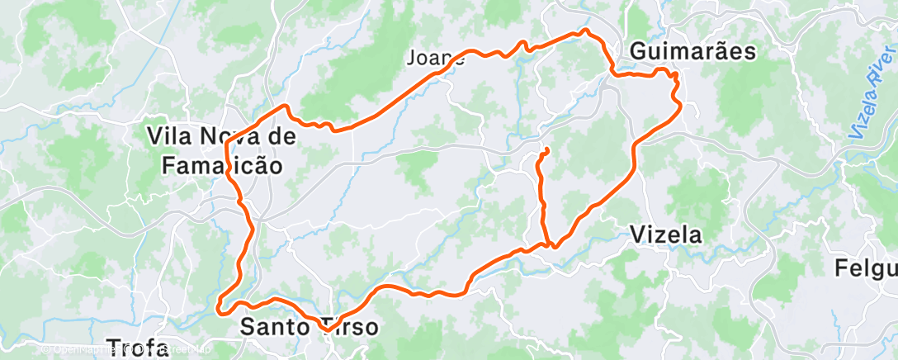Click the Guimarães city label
click(x=692, y=51)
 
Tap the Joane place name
click(x=435, y=58)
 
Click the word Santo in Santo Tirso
click(x=276, y=327)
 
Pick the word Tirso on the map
click(x=347, y=327)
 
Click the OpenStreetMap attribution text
click(x=124, y=349)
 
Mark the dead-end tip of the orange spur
click(x=546, y=149)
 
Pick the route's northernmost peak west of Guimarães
click(x=585, y=31)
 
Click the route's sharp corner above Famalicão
click(x=286, y=106)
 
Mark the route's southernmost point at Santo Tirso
click(x=327, y=330)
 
